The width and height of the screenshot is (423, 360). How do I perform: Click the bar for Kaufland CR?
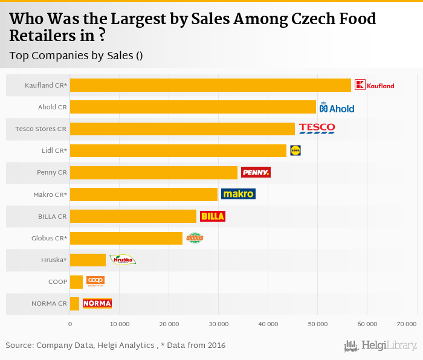pos(210,85)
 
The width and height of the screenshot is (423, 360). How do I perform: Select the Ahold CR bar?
pos(193,108)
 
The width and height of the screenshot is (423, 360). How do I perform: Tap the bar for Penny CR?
pos(153,173)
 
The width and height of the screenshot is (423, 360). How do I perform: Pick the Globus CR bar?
pos(126,238)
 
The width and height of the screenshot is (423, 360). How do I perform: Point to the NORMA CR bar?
pos(75,303)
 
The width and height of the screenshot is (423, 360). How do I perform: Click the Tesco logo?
pos(317,128)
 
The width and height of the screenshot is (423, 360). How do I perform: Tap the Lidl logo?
pos(295,150)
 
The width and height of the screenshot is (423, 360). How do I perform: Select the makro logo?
pos(238,194)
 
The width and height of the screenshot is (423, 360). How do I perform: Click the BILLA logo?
pos(213,216)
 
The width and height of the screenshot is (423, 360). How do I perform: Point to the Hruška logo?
pos(122,260)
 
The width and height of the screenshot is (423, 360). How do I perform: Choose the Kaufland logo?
pos(374,85)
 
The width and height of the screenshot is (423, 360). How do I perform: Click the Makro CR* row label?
pos(50,194)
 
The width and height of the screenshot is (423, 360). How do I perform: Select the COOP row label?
pos(58,281)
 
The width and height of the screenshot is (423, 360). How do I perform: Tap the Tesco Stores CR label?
pos(41,129)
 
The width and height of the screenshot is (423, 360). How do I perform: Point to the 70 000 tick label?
pos(405,324)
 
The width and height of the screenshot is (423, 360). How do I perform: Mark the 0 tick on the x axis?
pos(70,324)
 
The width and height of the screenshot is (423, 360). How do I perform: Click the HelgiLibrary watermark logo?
pos(380,346)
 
